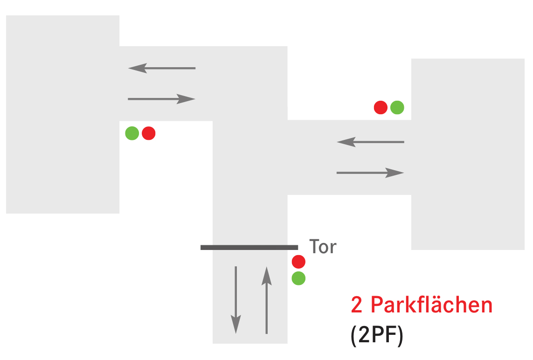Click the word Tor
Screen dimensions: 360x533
pyautogui.click(x=323, y=247)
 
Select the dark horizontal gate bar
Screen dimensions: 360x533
pyautogui.click(x=249, y=247)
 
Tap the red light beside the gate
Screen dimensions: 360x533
pyautogui.click(x=298, y=262)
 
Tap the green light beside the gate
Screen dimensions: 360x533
pyautogui.click(x=298, y=278)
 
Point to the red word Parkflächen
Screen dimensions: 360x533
pyautogui.click(x=431, y=305)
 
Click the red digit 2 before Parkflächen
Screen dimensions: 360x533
pyautogui.click(x=357, y=305)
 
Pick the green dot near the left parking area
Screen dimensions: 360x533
pyautogui.click(x=132, y=133)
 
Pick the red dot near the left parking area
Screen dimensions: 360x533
pyautogui.click(x=148, y=133)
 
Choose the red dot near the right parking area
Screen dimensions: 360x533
pyautogui.click(x=381, y=108)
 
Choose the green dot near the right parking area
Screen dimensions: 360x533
pyautogui.click(x=397, y=108)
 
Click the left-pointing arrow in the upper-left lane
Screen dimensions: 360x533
pyautogui.click(x=162, y=68)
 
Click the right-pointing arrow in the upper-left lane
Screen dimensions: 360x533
pyautogui.click(x=161, y=99)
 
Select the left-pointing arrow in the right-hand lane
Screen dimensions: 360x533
pyautogui.click(x=370, y=142)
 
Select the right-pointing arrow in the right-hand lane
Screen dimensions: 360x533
pyautogui.click(x=370, y=173)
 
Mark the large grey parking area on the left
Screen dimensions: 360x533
pyautogui.click(x=62, y=114)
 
